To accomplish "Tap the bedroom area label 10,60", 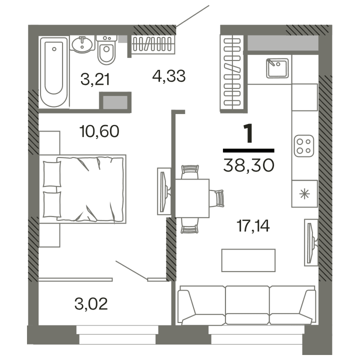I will [99, 131].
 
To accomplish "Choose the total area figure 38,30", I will [248, 164].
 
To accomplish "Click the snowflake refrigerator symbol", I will [303, 193].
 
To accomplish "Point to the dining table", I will [191, 197].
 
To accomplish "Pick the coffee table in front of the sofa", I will [248, 260].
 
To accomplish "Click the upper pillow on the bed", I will [51, 174].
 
